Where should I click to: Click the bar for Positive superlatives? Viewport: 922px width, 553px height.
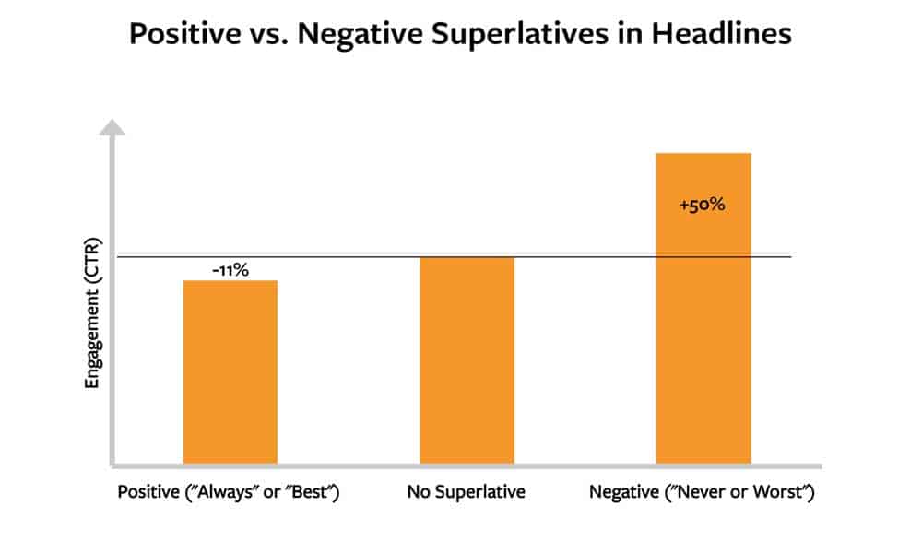pyautogui.click(x=230, y=371)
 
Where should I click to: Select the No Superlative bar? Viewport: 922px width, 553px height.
pyautogui.click(x=467, y=359)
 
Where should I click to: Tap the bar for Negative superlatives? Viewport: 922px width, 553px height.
pyautogui.click(x=703, y=308)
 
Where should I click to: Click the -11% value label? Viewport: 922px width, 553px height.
pyautogui.click(x=230, y=270)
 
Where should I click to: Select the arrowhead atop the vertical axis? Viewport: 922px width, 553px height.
pyautogui.click(x=112, y=128)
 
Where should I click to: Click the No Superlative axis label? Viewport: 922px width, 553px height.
pyautogui.click(x=467, y=492)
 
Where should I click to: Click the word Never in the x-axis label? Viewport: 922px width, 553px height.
pyautogui.click(x=702, y=492)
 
